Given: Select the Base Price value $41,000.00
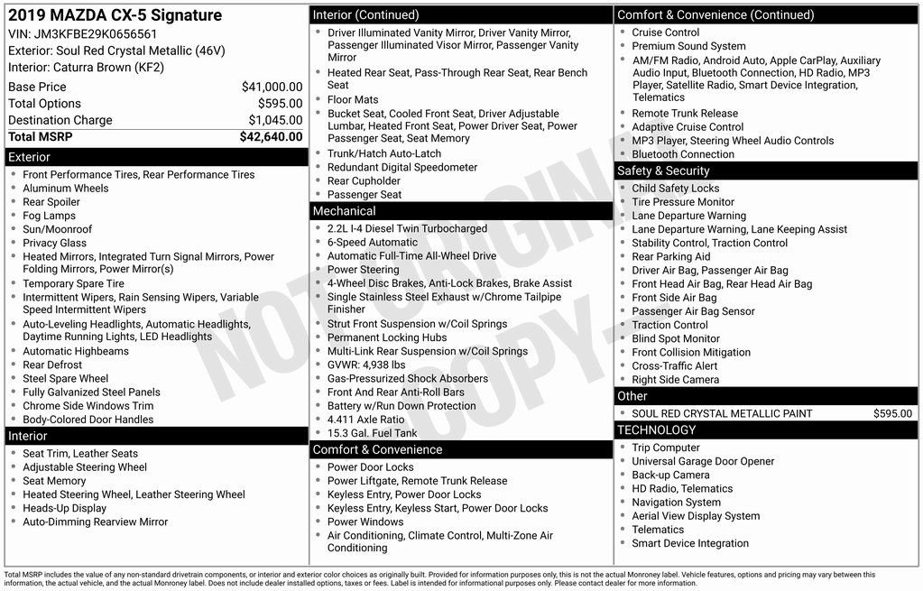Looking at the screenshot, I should point(272,88).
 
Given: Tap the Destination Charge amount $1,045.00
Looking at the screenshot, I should point(275,120).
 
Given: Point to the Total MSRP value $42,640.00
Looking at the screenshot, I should point(271,137).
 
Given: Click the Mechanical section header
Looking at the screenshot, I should point(344,211).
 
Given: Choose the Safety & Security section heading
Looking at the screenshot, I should point(663,171).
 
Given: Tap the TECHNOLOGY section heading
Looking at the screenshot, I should point(657,430).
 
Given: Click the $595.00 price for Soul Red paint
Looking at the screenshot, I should point(892,413).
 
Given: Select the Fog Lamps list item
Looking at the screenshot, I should point(49,216).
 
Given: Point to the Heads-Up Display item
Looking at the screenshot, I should point(64,508).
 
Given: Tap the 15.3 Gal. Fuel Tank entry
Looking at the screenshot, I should point(372,433).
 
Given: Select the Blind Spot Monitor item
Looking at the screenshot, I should point(676,338).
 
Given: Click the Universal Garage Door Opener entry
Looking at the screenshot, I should point(703,461).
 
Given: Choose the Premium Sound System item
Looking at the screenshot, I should point(688,46).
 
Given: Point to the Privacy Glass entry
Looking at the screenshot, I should point(54,243).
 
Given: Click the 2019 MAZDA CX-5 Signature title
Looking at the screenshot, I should point(115,15).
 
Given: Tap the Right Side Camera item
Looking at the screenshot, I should point(675,380).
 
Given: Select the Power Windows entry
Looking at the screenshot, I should point(365,522).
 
